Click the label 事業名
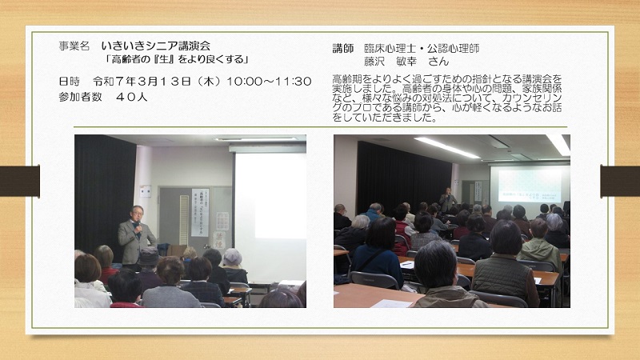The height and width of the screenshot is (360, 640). click(x=74, y=46)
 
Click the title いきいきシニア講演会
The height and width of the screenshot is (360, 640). click(x=156, y=46)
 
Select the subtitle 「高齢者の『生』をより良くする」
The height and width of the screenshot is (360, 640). click(x=177, y=59)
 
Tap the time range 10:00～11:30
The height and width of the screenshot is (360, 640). click(x=269, y=82)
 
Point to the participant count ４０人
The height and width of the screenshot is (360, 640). click(x=131, y=97)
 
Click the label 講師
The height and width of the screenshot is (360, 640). click(x=343, y=49)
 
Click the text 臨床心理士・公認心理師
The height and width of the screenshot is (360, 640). click(x=422, y=49)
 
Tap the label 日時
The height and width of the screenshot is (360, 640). click(x=69, y=82)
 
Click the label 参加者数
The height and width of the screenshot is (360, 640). click(x=81, y=97)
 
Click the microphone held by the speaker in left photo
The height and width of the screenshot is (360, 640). click(x=138, y=224)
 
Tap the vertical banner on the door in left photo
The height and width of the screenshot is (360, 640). click(x=199, y=212)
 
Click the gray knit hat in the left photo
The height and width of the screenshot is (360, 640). click(x=232, y=257)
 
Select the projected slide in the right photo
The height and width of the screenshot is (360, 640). click(x=530, y=186)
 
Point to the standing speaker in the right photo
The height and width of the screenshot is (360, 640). click(x=447, y=200)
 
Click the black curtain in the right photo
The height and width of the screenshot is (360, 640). click(x=404, y=174)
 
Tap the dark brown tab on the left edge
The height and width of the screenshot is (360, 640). click(x=19, y=181)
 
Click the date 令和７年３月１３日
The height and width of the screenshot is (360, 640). click(x=142, y=82)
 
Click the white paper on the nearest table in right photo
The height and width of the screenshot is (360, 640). click(x=391, y=304)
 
